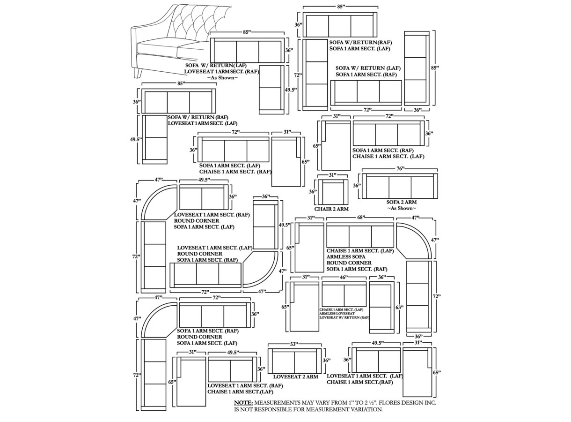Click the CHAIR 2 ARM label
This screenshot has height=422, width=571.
pos(331,209)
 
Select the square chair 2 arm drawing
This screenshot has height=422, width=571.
pos(333,191)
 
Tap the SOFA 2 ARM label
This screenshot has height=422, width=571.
pos(401,203)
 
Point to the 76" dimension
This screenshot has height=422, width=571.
pos(400,169)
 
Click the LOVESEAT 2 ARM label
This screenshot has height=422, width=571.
pos(295,377)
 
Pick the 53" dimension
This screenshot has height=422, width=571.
pos(294,345)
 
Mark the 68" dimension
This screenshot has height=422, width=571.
pos(361,218)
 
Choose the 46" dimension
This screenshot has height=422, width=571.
pos(344,278)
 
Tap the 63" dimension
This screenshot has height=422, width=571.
pos(399,308)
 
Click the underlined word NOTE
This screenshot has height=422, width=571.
pos(243,403)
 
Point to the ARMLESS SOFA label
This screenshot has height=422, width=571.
pos(346,257)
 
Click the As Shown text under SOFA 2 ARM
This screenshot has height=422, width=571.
pos(401,209)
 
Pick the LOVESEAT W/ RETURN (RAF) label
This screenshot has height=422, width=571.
pos(344,318)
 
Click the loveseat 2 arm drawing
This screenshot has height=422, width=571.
pos(294,362)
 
